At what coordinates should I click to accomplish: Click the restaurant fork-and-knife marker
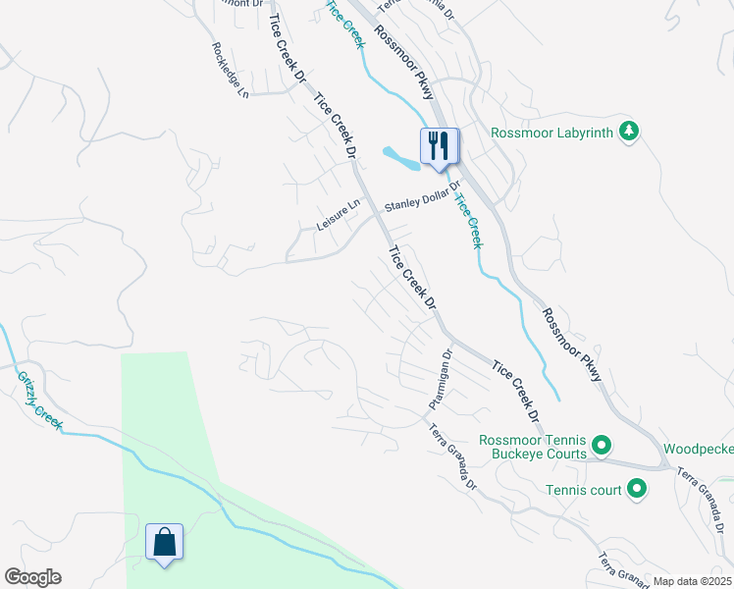click(x=438, y=147)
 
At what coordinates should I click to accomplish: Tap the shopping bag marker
click(x=164, y=543)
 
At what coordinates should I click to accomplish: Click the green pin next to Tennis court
click(x=637, y=487)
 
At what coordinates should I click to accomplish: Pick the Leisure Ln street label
click(x=339, y=217)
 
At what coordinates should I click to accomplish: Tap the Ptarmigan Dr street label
click(x=439, y=380)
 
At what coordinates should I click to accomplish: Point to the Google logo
click(x=32, y=577)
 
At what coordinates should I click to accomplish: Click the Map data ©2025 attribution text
click(x=692, y=581)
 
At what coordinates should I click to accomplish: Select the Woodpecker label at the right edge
click(x=698, y=449)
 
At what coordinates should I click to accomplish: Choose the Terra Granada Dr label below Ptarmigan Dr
click(x=451, y=456)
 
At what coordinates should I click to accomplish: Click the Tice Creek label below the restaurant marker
click(x=468, y=219)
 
